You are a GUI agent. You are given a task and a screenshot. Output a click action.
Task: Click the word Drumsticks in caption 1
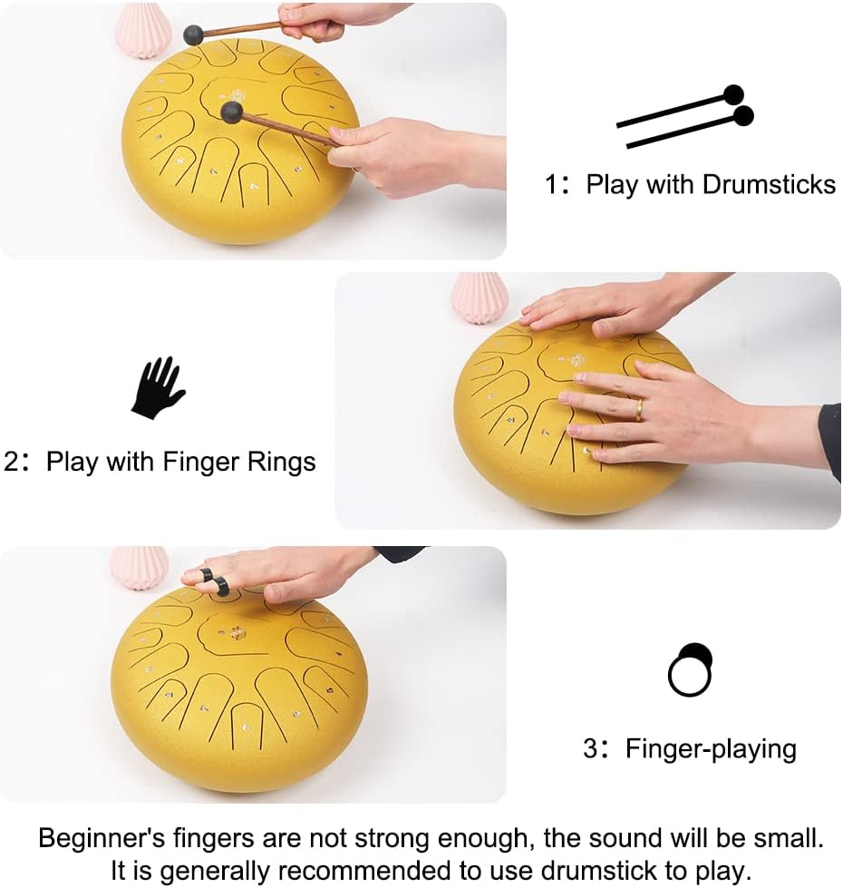pos(769,185)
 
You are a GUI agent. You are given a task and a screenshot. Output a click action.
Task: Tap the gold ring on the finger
pos(638,410)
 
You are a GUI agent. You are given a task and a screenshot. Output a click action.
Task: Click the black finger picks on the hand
pos(214,581)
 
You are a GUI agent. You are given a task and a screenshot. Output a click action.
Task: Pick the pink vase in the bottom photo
pos(140,566)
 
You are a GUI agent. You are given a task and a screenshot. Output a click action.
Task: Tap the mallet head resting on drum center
pos(232,112)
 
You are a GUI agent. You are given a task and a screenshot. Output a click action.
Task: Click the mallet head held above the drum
pos(193,35)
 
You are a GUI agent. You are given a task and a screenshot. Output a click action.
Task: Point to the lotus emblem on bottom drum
pos(238,632)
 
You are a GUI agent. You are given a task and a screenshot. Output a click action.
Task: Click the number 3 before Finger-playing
pos(590,749)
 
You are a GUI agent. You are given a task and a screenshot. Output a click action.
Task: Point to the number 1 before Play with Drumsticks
pos(551,186)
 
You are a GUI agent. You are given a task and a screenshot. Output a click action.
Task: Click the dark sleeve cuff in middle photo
pos(829,440)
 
